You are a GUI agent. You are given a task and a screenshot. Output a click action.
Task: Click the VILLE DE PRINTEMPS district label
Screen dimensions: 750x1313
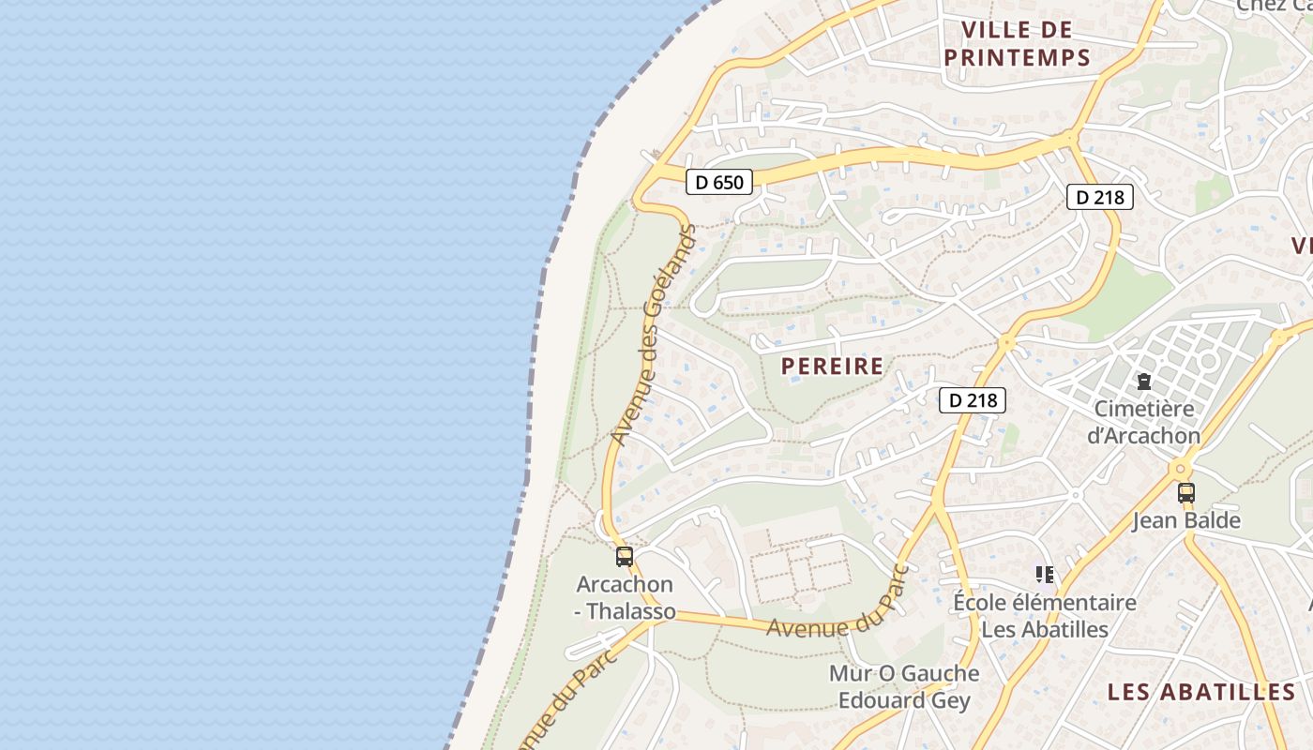[1018, 44]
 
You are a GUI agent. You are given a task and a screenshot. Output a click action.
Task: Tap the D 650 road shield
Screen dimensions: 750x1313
[719, 182]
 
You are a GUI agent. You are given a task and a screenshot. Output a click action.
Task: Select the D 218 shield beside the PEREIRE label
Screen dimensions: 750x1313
[973, 400]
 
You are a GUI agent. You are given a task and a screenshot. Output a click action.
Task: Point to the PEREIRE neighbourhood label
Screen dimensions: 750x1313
[832, 366]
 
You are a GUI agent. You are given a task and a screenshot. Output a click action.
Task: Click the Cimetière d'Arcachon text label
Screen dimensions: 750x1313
[1143, 422]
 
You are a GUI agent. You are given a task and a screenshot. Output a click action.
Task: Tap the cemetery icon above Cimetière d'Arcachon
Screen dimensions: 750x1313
[1143, 382]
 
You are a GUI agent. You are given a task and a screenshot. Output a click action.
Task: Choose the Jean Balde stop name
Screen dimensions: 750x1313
[1186, 520]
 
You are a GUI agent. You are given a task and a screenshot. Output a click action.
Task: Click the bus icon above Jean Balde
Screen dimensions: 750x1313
[1186, 492]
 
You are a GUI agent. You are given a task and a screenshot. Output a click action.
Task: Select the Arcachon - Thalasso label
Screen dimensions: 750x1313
[625, 597]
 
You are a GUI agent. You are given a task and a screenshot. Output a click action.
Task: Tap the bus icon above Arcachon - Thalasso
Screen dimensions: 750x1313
[625, 557]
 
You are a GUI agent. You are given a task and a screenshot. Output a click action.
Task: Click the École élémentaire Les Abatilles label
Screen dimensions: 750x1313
[1045, 615]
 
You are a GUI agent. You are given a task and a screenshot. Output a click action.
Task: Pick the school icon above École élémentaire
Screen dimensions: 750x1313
[1045, 574]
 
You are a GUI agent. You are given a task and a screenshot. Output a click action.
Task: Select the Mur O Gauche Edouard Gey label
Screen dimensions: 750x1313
[904, 686]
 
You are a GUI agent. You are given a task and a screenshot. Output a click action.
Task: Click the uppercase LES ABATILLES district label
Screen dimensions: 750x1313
[1201, 692]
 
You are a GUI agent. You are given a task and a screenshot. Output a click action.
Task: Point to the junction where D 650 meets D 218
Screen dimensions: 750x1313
[1071, 139]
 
